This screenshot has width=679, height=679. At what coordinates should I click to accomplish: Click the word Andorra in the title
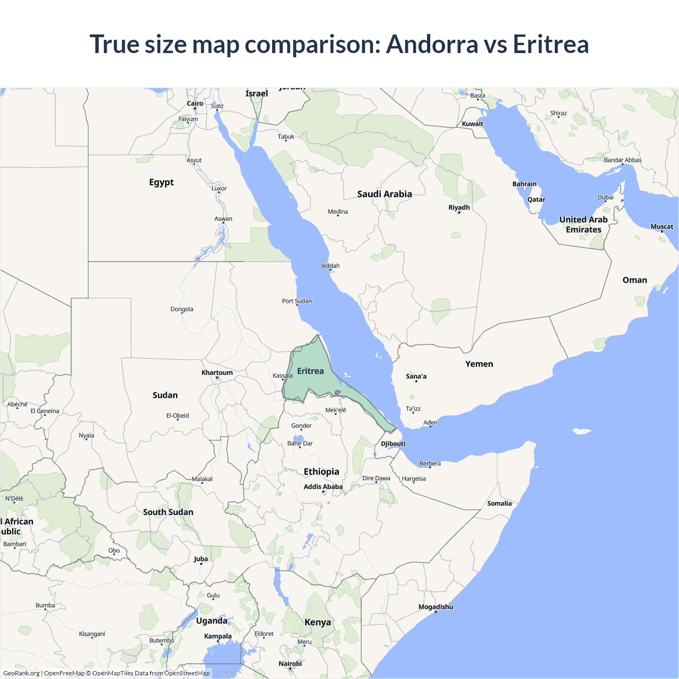pos(432,44)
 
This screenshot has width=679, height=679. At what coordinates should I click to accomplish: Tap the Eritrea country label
pos(310,371)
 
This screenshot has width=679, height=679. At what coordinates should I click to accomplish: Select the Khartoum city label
pos(217,372)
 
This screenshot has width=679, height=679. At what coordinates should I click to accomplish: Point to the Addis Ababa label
pos(323,486)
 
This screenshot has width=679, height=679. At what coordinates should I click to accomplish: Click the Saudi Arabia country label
pos(385,194)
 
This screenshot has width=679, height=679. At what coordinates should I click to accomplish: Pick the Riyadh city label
pos(459,207)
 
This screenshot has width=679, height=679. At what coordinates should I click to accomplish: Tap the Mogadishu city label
pos(436,607)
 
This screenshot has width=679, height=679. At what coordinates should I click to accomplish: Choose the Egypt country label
pos(161,182)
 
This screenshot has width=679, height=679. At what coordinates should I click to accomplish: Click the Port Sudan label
pos(297,301)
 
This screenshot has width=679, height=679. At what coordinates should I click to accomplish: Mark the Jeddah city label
pos(330,266)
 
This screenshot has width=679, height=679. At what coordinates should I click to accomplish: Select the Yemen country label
pos(479,364)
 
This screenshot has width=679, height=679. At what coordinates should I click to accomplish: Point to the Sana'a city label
pos(416,376)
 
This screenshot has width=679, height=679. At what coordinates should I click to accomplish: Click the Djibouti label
pos(393,443)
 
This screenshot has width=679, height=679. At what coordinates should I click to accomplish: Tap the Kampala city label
pos(217,636)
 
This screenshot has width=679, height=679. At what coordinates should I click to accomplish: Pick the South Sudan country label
pos(168,512)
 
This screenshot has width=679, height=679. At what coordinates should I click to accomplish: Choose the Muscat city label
pos(661,227)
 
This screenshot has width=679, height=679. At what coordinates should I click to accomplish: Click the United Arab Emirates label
pos(584,224)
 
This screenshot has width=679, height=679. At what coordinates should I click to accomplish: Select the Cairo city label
pos(195,103)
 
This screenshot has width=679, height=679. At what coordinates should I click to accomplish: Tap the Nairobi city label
pos(290,664)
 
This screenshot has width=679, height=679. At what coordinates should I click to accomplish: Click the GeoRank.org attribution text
pos(21,673)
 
